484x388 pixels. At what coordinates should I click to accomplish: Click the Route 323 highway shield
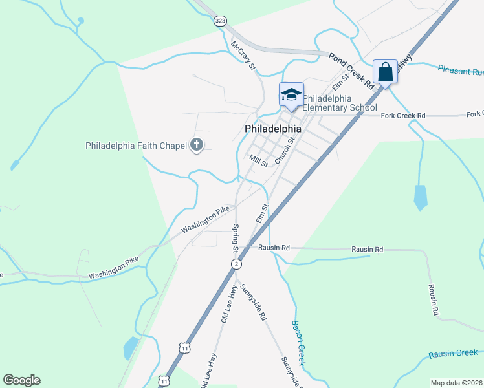tap(220, 21)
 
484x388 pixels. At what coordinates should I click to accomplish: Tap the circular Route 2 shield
tap(237, 264)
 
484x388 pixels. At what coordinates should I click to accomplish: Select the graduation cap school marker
tap(291, 95)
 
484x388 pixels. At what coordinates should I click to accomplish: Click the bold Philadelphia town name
tap(272, 129)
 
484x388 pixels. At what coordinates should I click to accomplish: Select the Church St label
tap(285, 150)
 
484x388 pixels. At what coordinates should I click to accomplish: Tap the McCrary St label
tap(244, 56)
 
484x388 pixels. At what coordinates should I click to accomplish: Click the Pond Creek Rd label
tap(352, 71)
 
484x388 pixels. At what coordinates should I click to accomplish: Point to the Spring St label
tap(236, 239)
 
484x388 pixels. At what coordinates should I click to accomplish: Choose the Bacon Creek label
tap(298, 342)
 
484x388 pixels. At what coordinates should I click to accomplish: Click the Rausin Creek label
tap(453, 353)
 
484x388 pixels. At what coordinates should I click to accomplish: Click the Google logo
tap(21, 380)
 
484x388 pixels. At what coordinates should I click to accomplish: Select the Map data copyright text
tap(457, 383)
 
